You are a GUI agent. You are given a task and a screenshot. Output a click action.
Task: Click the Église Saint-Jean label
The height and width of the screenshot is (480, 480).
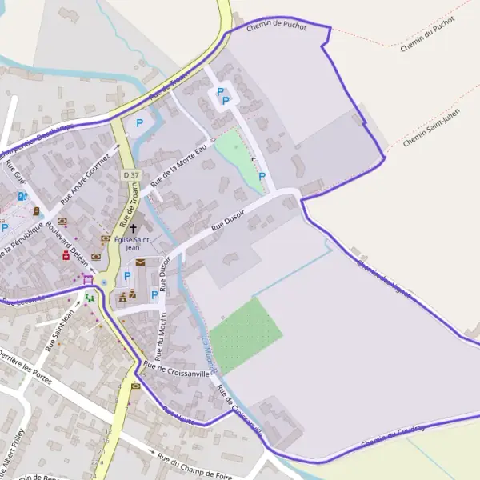133,243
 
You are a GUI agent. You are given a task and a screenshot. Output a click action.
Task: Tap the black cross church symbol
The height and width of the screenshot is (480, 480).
133,229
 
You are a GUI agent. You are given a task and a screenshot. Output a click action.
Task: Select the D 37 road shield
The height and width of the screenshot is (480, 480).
130,174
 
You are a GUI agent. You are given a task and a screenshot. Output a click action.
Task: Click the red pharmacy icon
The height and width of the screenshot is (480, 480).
66,255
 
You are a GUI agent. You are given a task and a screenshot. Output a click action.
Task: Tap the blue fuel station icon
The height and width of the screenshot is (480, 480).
22,196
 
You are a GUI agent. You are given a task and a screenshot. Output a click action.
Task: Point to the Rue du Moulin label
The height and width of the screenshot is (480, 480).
158,331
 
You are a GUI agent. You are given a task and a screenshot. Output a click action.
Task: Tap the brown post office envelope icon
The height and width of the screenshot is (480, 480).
141,262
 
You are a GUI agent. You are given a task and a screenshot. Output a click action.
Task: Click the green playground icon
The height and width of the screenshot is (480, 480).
90,297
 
